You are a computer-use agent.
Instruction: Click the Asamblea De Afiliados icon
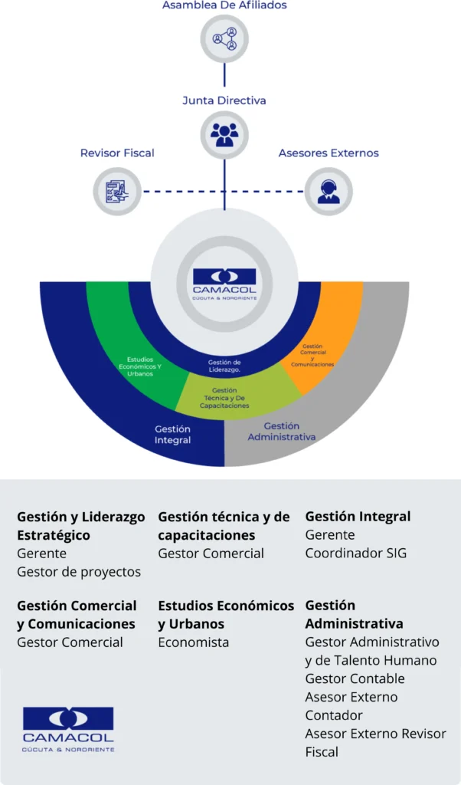(x=224, y=38)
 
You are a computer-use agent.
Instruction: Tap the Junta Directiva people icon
(x=224, y=134)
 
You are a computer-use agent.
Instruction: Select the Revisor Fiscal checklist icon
(x=117, y=191)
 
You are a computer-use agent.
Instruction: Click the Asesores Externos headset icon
(x=329, y=191)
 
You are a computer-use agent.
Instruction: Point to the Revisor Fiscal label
(x=117, y=153)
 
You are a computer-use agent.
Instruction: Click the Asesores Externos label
(x=329, y=153)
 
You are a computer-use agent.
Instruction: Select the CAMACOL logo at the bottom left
(x=68, y=729)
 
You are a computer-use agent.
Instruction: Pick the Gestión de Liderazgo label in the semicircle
(x=224, y=366)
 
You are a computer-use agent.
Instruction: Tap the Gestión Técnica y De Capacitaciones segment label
(x=225, y=398)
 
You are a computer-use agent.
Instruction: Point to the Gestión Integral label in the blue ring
(x=172, y=435)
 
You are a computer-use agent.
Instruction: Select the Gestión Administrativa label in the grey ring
(x=282, y=432)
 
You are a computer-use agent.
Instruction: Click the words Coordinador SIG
(x=355, y=553)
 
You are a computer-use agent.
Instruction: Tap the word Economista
(x=193, y=642)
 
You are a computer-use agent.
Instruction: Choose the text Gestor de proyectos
(x=79, y=572)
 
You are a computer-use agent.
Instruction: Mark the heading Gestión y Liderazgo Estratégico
(x=80, y=526)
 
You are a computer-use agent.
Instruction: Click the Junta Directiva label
(x=224, y=100)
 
